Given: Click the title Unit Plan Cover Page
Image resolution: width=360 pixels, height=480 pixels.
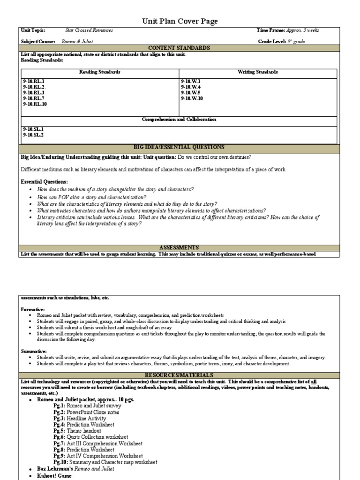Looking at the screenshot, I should click(180, 21).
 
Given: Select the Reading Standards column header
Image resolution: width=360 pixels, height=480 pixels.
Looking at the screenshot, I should click(99, 72).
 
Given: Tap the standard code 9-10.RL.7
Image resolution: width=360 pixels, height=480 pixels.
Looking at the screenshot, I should click(33, 98).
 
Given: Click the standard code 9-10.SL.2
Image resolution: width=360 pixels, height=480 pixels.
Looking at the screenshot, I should click(33, 135).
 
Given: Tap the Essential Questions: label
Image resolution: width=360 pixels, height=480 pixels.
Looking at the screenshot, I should click(45, 181).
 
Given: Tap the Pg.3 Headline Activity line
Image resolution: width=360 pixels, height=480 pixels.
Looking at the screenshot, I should click(83, 419).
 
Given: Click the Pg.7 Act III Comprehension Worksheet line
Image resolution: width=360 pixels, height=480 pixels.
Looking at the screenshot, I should click(97, 443).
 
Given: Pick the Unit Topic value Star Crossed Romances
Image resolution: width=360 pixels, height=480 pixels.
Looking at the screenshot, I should click(89, 30).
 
